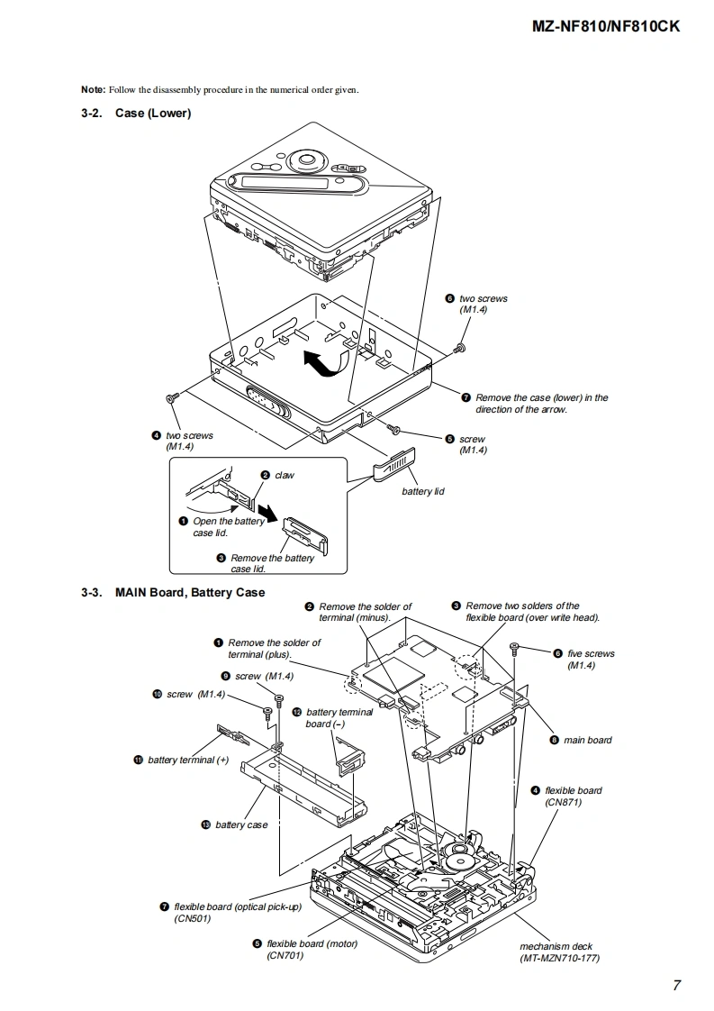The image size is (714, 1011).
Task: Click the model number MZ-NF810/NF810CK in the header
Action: [605, 26]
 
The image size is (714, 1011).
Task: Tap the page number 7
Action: [676, 985]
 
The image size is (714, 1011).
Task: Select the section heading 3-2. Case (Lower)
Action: [136, 113]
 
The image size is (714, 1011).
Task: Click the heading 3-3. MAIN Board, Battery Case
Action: [173, 592]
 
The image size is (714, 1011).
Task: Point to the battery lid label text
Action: [423, 491]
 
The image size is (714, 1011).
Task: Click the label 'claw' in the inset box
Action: [285, 475]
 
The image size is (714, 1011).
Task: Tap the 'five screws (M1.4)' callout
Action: [591, 659]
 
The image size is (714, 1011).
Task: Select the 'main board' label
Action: [588, 740]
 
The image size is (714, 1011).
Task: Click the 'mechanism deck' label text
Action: [556, 946]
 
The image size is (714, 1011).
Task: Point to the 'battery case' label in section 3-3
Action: [241, 824]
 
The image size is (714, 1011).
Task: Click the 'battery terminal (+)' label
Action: [188, 761]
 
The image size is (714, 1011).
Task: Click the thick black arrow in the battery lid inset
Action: [271, 514]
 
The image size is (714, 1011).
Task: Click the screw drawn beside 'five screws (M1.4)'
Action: [514, 648]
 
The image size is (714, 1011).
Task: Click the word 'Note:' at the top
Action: [94, 89]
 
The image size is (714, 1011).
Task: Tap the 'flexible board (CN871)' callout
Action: [573, 797]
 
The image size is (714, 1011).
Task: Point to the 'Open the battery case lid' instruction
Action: [229, 527]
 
